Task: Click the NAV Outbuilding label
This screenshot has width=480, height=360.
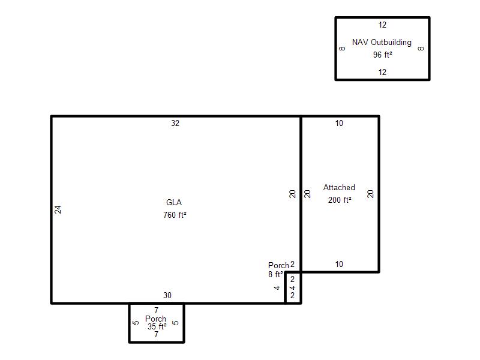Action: (382, 42)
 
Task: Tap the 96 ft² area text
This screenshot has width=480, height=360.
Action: (382, 55)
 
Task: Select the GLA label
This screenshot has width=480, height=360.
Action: (174, 202)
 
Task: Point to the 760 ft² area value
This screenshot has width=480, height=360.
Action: (175, 215)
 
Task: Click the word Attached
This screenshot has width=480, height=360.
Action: (339, 187)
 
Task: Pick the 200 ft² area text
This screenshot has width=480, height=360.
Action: (340, 200)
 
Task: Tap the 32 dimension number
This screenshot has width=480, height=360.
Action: (175, 123)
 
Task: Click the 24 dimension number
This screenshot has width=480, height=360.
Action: (58, 209)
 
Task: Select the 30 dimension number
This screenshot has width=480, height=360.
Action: (167, 295)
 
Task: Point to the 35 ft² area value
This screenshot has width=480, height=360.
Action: (157, 326)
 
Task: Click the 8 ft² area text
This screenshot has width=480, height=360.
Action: (275, 274)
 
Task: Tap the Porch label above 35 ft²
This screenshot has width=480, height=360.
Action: (155, 319)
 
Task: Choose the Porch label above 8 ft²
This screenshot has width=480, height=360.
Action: (278, 265)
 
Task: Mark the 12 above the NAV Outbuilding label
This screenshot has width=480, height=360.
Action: (382, 25)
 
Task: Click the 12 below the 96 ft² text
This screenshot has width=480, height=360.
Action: (382, 72)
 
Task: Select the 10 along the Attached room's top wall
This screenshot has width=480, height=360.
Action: (339, 123)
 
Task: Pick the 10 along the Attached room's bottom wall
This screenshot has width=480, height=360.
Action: (339, 264)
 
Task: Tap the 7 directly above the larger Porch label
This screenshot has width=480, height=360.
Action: (156, 310)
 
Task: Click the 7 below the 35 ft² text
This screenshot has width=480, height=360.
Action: (156, 334)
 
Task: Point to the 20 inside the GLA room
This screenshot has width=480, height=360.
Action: (292, 194)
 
